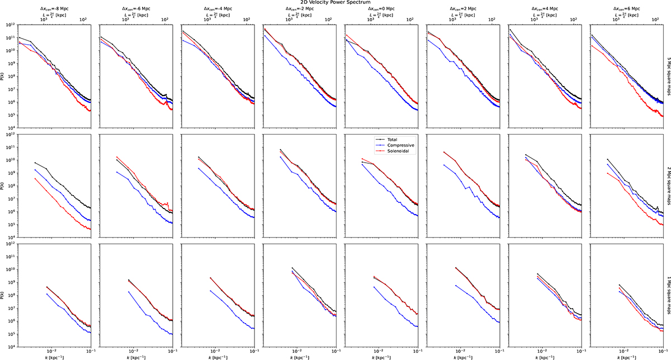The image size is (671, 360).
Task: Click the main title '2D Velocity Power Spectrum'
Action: [335, 3]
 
